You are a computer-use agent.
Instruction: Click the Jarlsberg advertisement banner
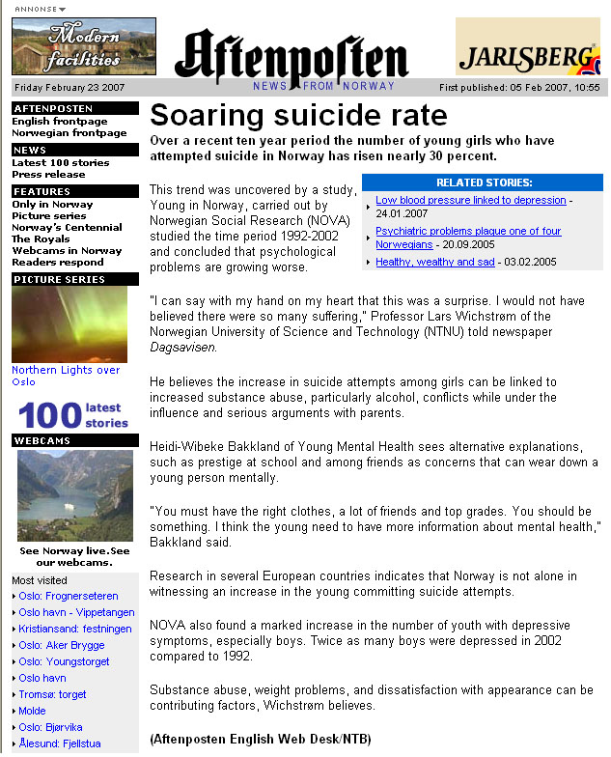pos(527,46)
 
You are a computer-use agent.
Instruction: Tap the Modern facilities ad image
pos(83,46)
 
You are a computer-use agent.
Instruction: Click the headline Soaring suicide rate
pos(298,116)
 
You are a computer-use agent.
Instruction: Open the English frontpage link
pos(60,122)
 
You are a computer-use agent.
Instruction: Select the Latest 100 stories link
pos(60,162)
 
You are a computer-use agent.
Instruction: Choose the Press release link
pos(48,174)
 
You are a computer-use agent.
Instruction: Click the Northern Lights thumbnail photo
pos(69,324)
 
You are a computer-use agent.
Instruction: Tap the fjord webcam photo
pos(75,495)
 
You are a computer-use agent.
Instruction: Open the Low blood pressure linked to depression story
pos(470,200)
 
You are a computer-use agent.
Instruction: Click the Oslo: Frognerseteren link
pos(69,596)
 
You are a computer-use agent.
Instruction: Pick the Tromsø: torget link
pos(52,694)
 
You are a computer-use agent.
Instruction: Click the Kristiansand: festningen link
pos(68,629)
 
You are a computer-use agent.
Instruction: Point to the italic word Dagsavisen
pos(182,347)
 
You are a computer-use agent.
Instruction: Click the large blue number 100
pos(49,415)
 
